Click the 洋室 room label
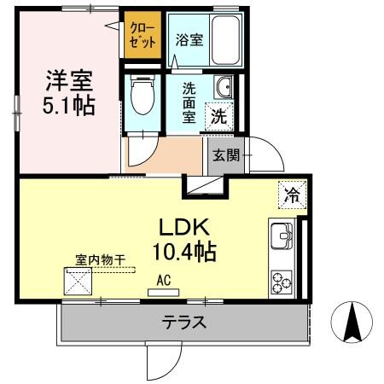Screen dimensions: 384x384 coord(67,82)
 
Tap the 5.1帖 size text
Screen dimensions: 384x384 coord(67,106)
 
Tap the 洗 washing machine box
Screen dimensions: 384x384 coord(220,117)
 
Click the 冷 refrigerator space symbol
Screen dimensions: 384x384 coord(292,195)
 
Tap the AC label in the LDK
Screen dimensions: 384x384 coord(162,278)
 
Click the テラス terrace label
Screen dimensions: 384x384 coord(183,323)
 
